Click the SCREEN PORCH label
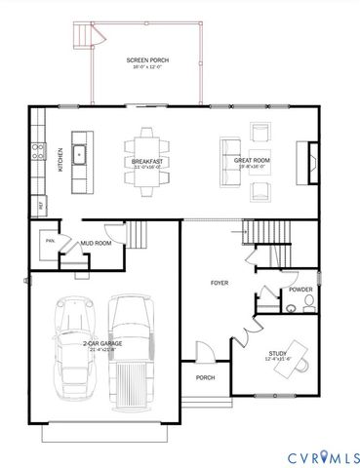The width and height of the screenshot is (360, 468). point(147,60)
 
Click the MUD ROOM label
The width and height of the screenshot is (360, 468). point(96,243)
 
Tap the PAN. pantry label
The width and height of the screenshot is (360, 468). point(49,239)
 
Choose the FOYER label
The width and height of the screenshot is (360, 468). point(220,283)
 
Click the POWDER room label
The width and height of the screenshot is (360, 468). point(300,290)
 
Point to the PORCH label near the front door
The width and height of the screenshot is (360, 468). point(205,377)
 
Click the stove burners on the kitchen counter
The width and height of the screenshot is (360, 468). point(38,150)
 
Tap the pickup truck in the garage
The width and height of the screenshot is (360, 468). point(133,346)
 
